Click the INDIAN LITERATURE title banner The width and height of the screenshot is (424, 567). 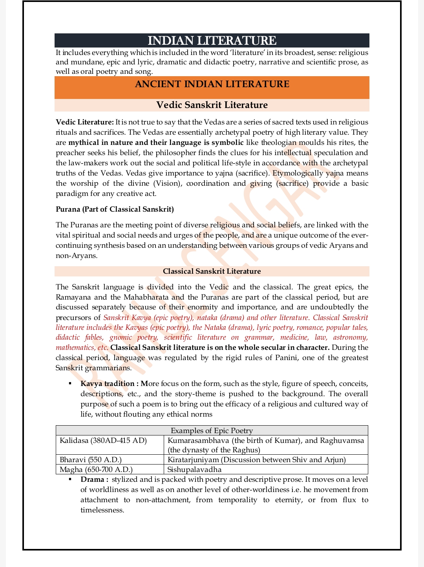point(212,40)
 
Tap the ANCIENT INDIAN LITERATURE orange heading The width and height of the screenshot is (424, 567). point(212,84)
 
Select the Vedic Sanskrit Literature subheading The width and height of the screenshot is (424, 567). point(212,105)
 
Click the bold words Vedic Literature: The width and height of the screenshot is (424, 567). point(84,122)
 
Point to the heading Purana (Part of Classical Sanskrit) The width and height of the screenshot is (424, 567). point(115,209)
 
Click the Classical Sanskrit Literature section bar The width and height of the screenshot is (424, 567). point(212,271)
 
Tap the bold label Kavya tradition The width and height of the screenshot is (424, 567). point(107,384)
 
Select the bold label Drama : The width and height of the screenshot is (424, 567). point(94,479)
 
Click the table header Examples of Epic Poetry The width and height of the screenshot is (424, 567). point(212,430)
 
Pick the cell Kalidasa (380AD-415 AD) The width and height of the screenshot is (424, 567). point(103,441)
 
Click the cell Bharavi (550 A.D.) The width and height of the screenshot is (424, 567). point(91,460)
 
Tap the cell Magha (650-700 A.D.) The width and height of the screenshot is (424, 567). point(96,470)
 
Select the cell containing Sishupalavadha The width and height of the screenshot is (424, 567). point(194,470)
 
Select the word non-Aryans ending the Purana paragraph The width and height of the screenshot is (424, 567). point(76,256)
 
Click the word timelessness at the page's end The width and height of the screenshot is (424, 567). point(102,510)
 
